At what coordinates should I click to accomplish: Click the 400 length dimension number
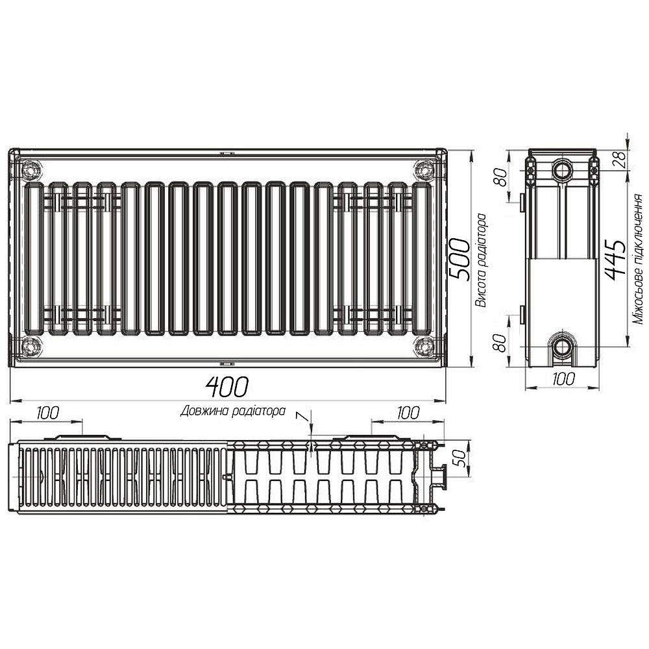coord(227,387)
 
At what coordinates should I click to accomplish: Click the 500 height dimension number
coord(459,258)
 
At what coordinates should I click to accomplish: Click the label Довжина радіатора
coord(233,410)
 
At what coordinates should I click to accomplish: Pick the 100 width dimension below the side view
coord(562,380)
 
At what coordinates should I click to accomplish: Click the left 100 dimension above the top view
coord(47,412)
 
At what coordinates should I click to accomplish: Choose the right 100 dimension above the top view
coord(408,412)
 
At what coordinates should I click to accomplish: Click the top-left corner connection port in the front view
coord(31,171)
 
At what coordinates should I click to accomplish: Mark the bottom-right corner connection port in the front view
coord(424,345)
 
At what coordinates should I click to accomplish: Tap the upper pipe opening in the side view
coord(562,170)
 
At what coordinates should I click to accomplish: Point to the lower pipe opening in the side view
coord(562,345)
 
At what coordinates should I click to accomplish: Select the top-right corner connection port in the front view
coord(424,171)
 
